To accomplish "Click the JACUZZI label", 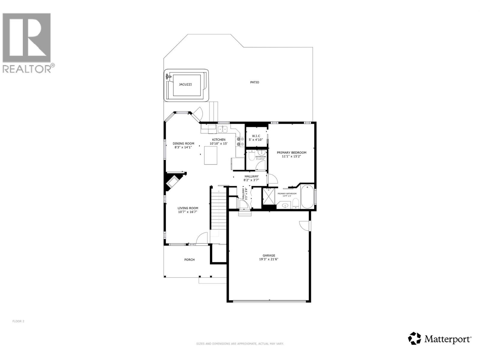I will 185,85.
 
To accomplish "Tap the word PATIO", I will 255,82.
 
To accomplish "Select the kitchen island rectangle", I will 211,155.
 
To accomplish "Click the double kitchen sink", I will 222,129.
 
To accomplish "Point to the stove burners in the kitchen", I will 240,142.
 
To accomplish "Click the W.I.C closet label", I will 256,136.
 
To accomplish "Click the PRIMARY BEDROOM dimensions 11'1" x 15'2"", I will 291,156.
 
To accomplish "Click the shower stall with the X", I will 269,196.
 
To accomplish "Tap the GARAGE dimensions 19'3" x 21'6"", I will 269,259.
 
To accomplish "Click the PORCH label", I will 189,260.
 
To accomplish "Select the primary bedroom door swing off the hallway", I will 272,179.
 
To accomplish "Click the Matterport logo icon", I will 414,338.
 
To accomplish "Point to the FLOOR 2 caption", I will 18,321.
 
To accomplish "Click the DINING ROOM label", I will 183,143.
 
